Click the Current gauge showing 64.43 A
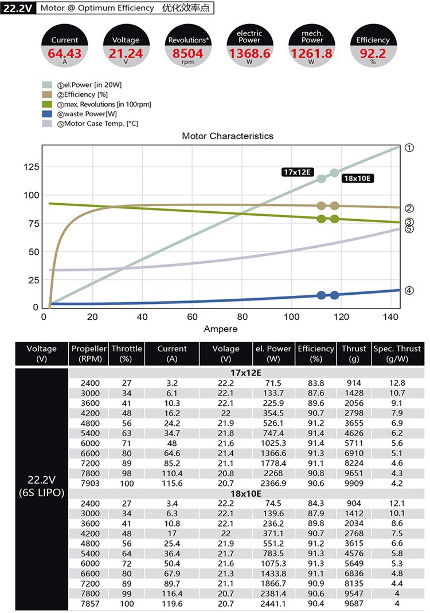[65, 46]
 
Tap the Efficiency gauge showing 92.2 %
[373, 46]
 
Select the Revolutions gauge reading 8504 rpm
[188, 46]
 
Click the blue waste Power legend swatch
[47, 114]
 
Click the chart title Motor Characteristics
[228, 136]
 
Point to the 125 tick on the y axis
[32, 167]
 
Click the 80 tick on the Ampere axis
[242, 317]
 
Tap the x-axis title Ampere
[221, 329]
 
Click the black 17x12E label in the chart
[297, 172]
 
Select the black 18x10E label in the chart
[357, 178]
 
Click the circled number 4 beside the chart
[409, 290]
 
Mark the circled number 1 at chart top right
[409, 148]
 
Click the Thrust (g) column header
[354, 353]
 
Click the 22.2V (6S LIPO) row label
[41, 486]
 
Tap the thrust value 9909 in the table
[354, 483]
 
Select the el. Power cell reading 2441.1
[273, 604]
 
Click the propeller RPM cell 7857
[90, 604]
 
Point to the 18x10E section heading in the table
[245, 493]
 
